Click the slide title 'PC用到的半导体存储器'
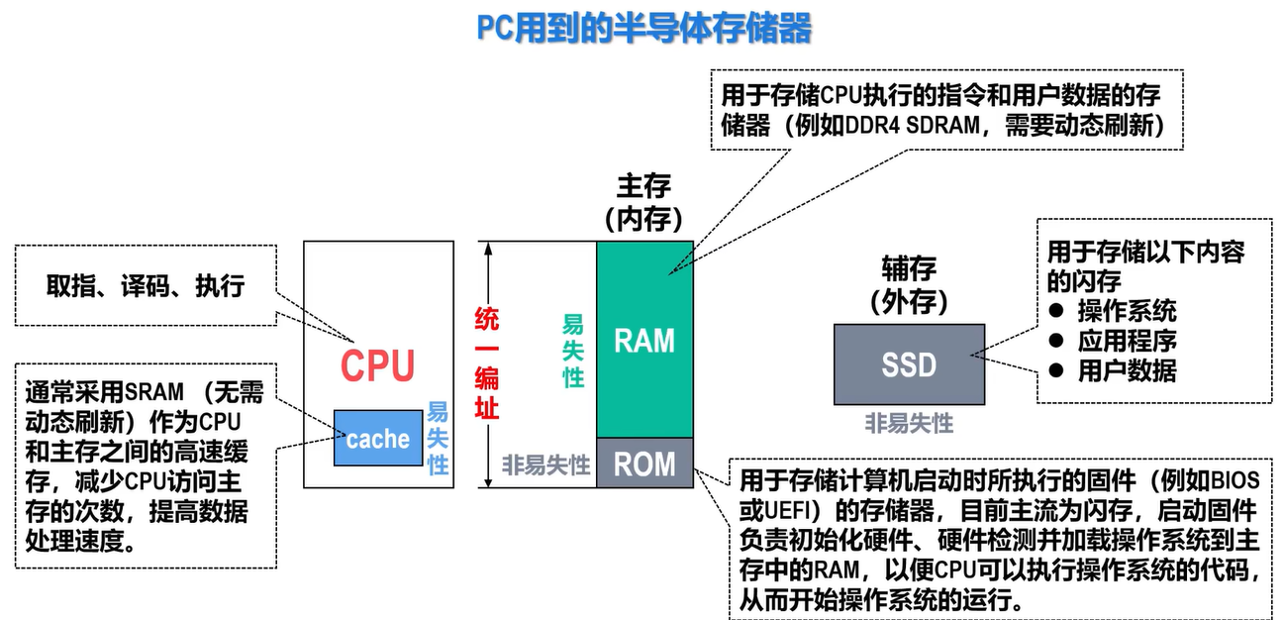[x=644, y=28]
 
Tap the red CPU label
[x=377, y=365]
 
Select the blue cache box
[x=378, y=439]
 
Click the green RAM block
[x=644, y=340]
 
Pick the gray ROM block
[x=644, y=464]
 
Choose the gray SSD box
[x=909, y=364]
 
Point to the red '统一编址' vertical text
[x=487, y=363]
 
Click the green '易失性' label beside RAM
[x=573, y=352]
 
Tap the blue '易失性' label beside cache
[x=438, y=439]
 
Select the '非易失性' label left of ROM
[x=545, y=465]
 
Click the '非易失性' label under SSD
[x=909, y=424]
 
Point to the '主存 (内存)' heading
[x=644, y=203]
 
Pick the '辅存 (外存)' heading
[x=909, y=285]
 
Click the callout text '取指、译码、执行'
[x=146, y=285]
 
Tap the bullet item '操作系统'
[x=1127, y=311]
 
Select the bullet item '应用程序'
[x=1127, y=341]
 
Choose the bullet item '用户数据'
[x=1127, y=370]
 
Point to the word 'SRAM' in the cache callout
[x=154, y=392]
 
